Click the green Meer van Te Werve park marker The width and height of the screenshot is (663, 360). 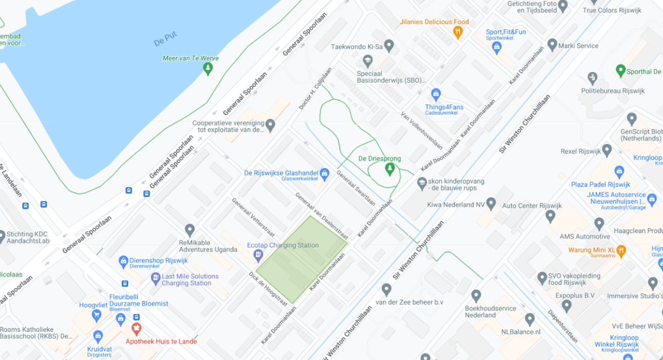(x=208, y=68)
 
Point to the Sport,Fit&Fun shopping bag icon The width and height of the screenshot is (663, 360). (x=496, y=48)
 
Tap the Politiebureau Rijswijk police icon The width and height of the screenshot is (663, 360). (x=592, y=78)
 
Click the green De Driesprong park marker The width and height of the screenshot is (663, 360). (x=390, y=168)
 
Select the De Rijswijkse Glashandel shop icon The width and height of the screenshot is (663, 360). (x=324, y=174)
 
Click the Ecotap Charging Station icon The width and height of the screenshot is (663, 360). (x=258, y=255)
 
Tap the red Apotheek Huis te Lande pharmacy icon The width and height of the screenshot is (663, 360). (x=136, y=328)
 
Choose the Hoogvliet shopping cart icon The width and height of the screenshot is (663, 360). (x=96, y=315)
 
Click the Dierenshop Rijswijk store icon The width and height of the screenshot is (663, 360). (x=123, y=262)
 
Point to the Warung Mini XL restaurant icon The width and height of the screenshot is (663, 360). (x=621, y=250)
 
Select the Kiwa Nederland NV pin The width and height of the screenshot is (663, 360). (x=491, y=204)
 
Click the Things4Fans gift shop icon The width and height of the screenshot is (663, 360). (x=436, y=95)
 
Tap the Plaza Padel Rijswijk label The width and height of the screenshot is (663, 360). (x=600, y=185)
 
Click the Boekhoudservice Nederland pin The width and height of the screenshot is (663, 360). (x=476, y=295)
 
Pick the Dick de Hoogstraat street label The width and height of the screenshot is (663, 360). (x=268, y=288)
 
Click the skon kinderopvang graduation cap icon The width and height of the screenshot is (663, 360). (x=422, y=182)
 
